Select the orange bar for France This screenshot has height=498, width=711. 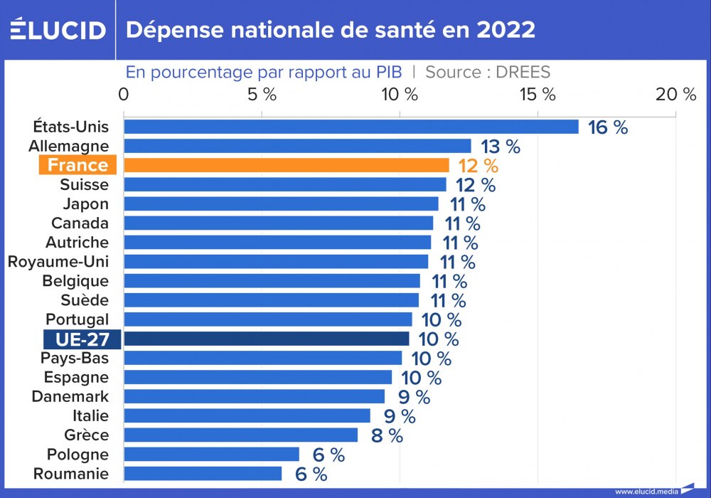tap(287, 165)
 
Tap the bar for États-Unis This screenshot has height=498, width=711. tap(351, 127)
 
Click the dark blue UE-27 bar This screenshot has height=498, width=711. tap(267, 339)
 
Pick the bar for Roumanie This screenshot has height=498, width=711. tap(203, 474)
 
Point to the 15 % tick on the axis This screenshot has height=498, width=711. tap(538, 95)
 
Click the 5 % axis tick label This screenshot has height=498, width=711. tap(262, 95)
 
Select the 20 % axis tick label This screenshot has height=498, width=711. tap(675, 95)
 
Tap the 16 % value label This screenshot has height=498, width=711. tap(608, 127)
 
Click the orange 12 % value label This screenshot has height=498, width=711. tap(479, 166)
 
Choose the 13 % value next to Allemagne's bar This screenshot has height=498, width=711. tap(501, 147)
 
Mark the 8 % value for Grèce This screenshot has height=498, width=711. tap(387, 435)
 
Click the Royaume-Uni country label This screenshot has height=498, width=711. tap(58, 262)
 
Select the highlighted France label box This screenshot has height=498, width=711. tap(77, 165)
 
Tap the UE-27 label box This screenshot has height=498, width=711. tap(82, 339)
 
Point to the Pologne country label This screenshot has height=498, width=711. tap(77, 455)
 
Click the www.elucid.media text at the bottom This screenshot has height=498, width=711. tap(645, 491)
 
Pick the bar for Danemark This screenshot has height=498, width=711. tap(255, 396)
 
